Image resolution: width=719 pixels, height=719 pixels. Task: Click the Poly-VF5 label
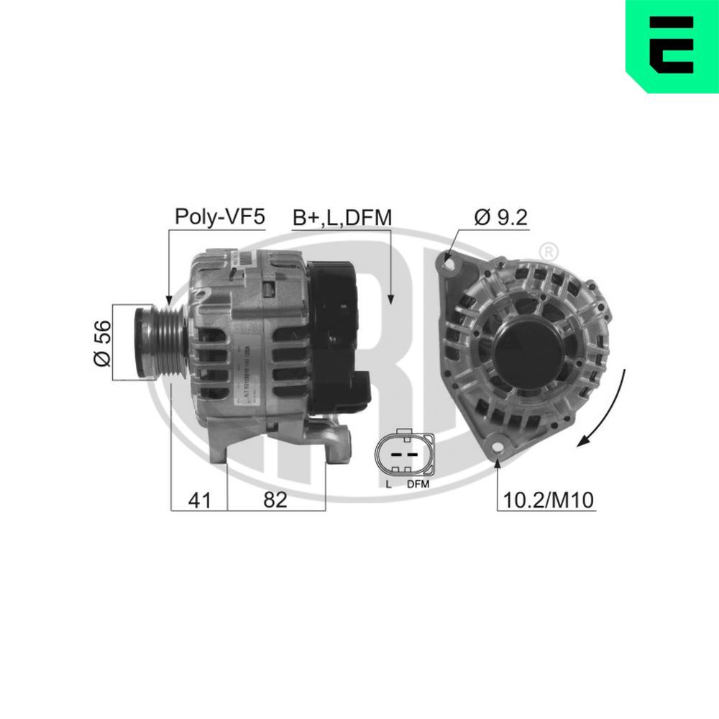[221, 216]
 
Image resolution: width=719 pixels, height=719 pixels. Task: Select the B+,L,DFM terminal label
[342, 217]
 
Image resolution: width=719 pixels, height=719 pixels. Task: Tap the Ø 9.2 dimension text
[501, 216]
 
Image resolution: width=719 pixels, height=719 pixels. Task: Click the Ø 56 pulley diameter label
[104, 342]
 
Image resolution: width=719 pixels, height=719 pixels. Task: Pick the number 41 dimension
[198, 500]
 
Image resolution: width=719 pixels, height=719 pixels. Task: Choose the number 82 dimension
[275, 500]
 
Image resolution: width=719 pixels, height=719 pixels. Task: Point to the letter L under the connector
[389, 485]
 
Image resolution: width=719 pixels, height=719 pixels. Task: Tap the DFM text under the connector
[418, 485]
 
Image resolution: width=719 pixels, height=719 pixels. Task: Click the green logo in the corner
[672, 46]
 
